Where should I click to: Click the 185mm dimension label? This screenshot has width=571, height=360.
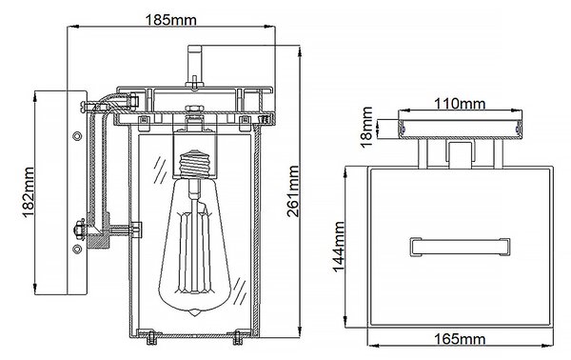tap(170, 20)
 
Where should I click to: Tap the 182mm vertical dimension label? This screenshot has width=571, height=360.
tap(28, 192)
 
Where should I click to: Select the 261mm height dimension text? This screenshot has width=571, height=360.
tap(293, 190)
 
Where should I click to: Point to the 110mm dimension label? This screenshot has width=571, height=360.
tap(460, 104)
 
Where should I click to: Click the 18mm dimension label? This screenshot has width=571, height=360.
tap(367, 128)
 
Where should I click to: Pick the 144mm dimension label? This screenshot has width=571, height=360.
tap(339, 247)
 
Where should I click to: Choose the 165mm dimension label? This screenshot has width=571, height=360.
tap(460, 339)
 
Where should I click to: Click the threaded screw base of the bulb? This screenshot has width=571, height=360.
tap(195, 164)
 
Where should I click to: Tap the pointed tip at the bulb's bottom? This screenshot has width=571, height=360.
tap(195, 313)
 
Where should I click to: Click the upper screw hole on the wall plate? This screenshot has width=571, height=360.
tap(77, 136)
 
